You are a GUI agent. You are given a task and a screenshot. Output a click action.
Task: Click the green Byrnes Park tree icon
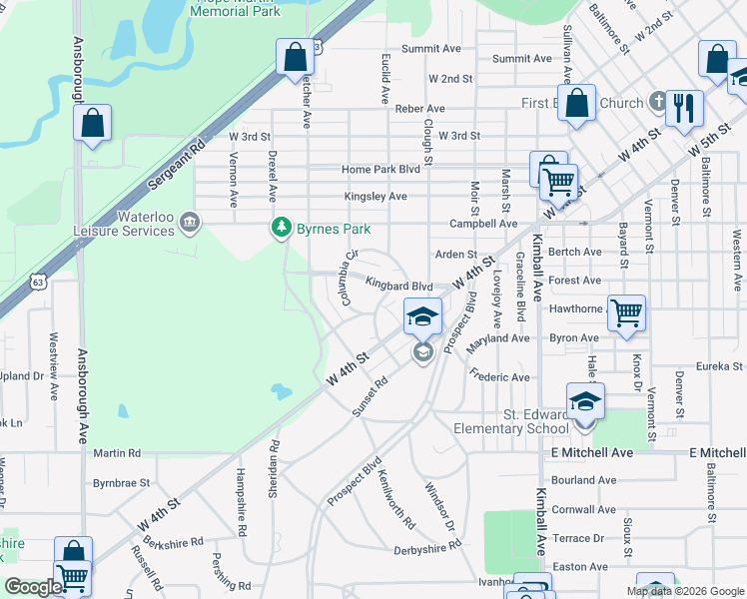(x=283, y=229)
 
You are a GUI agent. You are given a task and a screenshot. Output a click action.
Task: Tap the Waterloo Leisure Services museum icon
(x=190, y=221)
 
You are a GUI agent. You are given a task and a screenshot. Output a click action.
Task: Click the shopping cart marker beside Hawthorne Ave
(x=626, y=311)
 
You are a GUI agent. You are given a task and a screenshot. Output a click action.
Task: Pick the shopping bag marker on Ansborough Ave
(x=92, y=124)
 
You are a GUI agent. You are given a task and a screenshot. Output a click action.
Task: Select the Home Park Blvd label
(x=380, y=170)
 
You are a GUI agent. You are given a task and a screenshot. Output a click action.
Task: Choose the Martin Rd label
(x=117, y=452)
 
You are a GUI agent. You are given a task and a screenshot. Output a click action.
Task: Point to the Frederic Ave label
(x=499, y=377)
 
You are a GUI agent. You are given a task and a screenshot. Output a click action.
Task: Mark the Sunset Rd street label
(x=369, y=396)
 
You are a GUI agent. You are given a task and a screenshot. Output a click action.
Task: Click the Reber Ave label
(x=419, y=108)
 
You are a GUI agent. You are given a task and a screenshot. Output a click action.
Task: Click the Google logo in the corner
(x=34, y=587)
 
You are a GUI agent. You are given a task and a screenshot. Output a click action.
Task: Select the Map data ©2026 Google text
(x=684, y=591)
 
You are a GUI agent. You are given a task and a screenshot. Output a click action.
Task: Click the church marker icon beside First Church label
(x=657, y=102)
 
